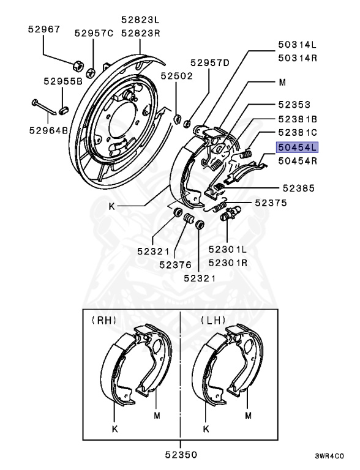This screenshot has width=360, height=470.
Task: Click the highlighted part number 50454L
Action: coord(297,147)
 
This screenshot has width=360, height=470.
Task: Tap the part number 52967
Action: coord(44,29)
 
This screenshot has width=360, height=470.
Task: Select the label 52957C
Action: coord(94,33)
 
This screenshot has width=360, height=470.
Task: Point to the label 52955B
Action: coord(63,81)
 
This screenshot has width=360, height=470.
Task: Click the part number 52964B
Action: coord(48,131)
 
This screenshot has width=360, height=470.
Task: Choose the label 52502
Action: coord(176,75)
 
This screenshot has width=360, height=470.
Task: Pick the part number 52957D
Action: coord(210,62)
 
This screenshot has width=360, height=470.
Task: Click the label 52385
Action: coord(299,188)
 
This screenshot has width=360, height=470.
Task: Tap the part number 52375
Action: coord(271,203)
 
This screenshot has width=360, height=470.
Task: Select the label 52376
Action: coord(175,264)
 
